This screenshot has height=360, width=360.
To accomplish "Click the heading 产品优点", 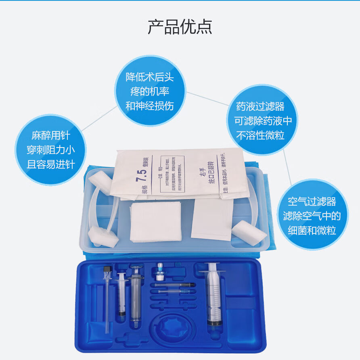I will coord(180,27).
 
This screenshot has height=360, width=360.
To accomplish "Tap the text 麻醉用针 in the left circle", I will coord(50,135).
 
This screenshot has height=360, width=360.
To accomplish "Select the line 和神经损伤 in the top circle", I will coord(149,106).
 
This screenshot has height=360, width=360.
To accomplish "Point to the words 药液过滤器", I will coord(260,106).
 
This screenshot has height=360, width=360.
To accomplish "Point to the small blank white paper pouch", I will coord(211,218).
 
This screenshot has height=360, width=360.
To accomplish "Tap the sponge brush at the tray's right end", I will coord(249,233).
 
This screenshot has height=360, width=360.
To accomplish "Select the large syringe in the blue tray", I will coord(214,296).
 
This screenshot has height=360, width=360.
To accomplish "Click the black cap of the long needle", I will coord(107,269).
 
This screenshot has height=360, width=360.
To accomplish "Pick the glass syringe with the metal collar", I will coord(136,296).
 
